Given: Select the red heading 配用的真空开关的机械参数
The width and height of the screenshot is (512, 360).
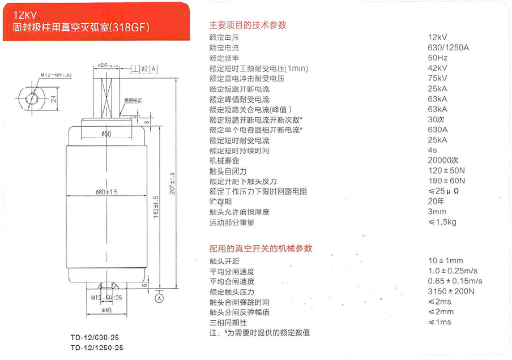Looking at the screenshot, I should pyautogui.click(x=261, y=248).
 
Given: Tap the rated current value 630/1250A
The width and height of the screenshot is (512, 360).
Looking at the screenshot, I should pyautogui.click(x=449, y=48).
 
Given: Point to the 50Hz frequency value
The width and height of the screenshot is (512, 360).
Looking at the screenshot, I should pyautogui.click(x=438, y=58).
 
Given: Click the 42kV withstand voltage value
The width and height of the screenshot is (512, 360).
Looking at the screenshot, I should pyautogui.click(x=438, y=68).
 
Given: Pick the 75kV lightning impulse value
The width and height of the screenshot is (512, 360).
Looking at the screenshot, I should pyautogui.click(x=438, y=79).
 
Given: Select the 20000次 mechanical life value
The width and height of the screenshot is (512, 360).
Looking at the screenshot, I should pyautogui.click(x=444, y=161).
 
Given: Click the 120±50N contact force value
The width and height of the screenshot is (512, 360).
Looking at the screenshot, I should pyautogui.click(x=446, y=171).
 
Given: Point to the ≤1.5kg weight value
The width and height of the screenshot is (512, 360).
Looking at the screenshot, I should pyautogui.click(x=442, y=222).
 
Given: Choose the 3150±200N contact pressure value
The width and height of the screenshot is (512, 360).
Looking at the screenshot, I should pyautogui.click(x=451, y=292).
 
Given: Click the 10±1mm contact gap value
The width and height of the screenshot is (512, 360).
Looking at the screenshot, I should pyautogui.click(x=446, y=260).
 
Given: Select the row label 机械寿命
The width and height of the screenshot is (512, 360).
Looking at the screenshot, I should pyautogui.click(x=224, y=161).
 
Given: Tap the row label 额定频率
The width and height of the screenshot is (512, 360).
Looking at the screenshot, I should pyautogui.click(x=224, y=58).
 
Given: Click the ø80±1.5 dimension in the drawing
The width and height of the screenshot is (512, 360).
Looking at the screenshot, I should pyautogui.click(x=106, y=191).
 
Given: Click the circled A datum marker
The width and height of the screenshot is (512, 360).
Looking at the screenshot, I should pyautogui.click(x=160, y=298).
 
